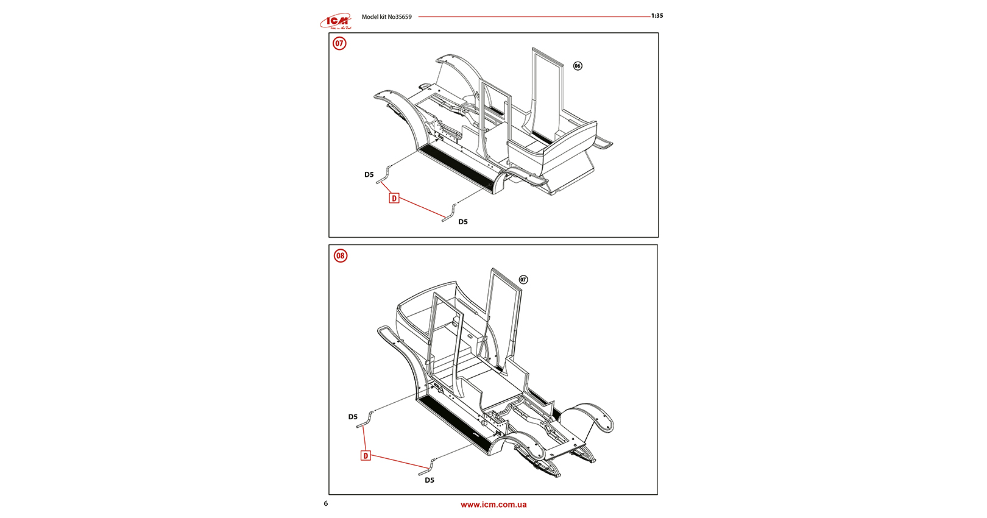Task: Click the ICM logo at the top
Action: [336, 21]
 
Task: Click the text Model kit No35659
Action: [386, 17]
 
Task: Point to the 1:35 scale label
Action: [657, 16]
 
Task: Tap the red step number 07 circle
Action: [339, 43]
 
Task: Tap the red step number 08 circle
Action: [340, 255]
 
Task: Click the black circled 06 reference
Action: [578, 66]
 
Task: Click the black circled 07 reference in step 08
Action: [523, 280]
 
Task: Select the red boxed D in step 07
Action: [394, 198]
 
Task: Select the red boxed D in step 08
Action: [366, 455]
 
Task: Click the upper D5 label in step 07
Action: [369, 175]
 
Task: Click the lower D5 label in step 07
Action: [463, 222]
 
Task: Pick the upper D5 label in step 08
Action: [353, 417]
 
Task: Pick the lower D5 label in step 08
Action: [430, 480]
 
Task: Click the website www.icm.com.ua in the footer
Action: [493, 505]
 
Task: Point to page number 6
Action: [326, 503]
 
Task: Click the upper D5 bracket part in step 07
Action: [383, 174]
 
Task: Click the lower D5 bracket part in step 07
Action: [450, 213]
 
